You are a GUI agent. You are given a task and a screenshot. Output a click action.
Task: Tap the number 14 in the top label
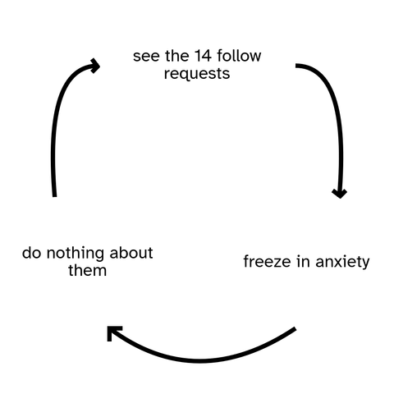203,56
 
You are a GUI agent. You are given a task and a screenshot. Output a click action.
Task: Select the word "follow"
239,56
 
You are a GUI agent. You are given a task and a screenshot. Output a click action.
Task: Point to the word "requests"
197,74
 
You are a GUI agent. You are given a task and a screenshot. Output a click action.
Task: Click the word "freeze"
267,261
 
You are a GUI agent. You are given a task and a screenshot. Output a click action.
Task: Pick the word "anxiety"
342,262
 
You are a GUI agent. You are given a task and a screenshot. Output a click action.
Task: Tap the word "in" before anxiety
303,261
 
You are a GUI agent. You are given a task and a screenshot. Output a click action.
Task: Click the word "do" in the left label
31,253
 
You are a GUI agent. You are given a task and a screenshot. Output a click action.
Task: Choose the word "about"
131,253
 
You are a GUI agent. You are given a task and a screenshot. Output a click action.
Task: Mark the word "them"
88,270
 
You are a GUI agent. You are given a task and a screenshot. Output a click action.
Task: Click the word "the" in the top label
177,56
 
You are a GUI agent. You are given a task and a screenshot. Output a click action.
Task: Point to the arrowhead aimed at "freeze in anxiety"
340,193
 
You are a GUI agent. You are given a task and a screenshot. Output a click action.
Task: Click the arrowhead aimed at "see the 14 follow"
95,66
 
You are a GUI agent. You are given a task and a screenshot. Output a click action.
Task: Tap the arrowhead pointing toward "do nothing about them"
113,332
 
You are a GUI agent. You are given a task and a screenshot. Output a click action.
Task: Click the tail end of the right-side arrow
296,66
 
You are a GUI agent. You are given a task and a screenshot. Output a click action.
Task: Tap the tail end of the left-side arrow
54,196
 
